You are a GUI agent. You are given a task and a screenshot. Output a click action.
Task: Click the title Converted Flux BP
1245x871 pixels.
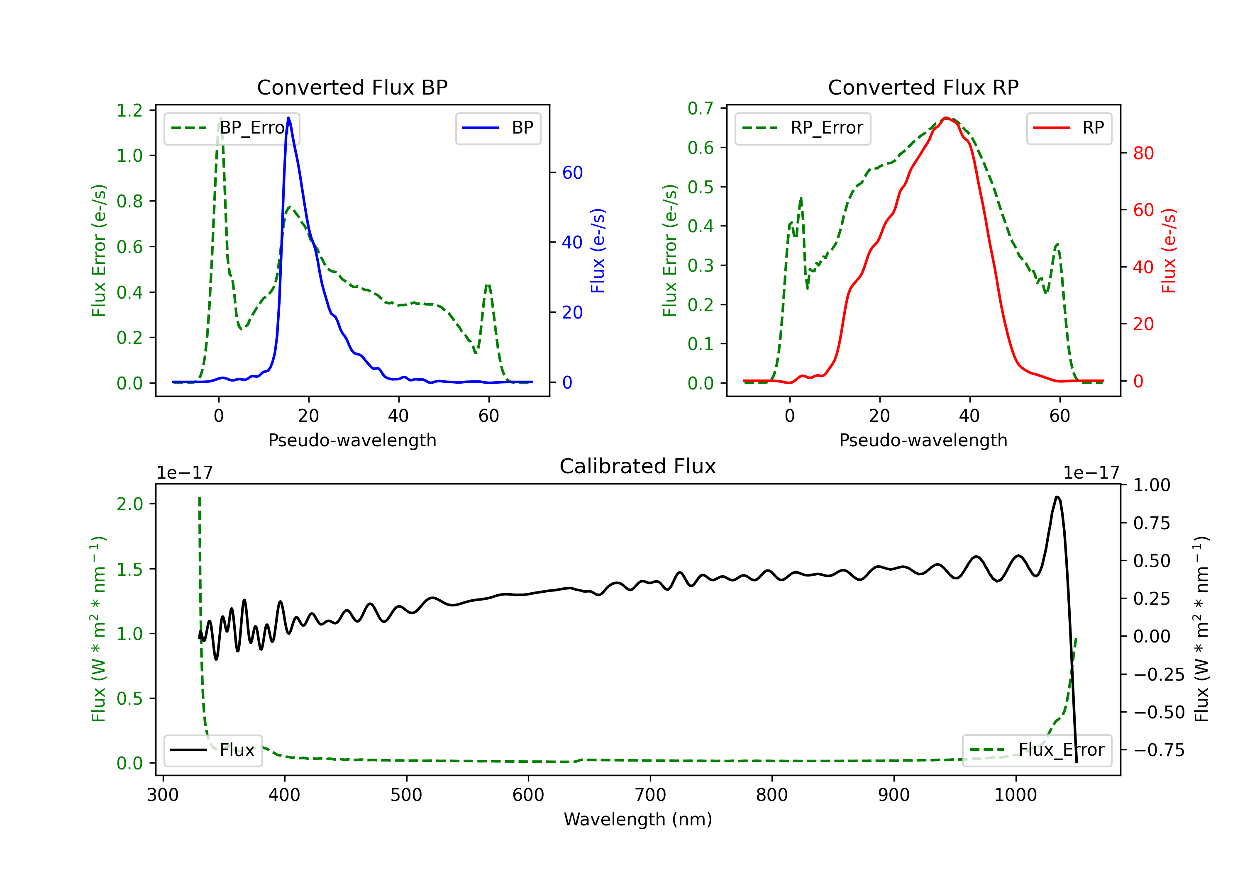(352, 87)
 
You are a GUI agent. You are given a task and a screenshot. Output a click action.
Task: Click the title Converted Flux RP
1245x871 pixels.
(923, 87)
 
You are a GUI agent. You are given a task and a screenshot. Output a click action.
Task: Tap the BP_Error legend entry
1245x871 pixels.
(232, 128)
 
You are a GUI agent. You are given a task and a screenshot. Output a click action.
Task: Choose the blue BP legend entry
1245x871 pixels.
(498, 128)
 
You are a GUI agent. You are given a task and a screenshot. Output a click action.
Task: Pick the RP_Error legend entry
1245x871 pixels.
(803, 128)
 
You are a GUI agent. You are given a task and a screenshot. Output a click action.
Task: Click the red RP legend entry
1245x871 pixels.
(1069, 128)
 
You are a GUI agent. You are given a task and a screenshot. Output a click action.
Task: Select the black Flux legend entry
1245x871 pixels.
(212, 750)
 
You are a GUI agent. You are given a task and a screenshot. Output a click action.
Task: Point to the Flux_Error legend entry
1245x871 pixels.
(1036, 750)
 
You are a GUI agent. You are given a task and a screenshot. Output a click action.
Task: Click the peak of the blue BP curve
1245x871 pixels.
(288, 118)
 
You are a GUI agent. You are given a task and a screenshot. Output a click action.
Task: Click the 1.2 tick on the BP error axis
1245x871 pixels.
(129, 111)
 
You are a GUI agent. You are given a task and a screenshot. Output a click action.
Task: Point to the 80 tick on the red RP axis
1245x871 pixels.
(1143, 153)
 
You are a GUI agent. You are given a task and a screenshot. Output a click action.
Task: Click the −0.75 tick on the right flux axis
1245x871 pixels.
(1158, 750)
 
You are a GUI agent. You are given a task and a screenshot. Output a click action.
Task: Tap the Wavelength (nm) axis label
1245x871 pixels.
(638, 819)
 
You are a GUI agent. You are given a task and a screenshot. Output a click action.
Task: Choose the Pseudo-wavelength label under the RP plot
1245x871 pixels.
(923, 440)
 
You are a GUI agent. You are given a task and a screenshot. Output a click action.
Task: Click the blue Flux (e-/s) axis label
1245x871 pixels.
(598, 251)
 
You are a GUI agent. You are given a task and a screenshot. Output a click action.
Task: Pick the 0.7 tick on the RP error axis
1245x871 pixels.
(701, 108)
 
